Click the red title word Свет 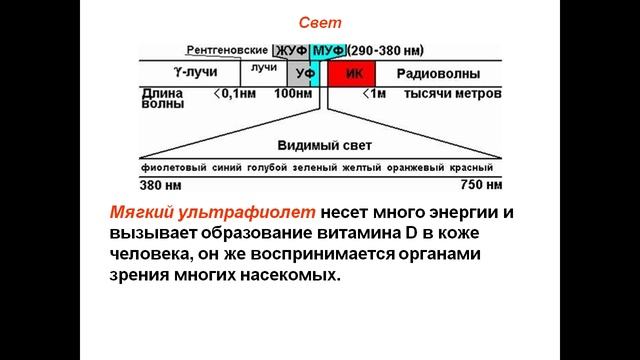click(320, 21)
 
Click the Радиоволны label click(438, 74)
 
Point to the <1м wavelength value click(371, 93)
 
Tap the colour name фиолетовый click(173, 168)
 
